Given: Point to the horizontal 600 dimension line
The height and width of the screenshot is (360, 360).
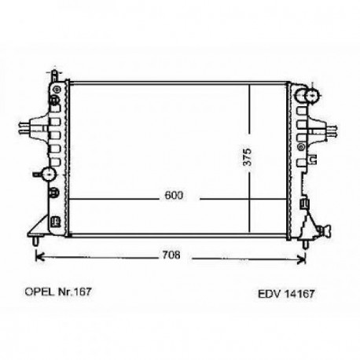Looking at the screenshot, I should point(118,198).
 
